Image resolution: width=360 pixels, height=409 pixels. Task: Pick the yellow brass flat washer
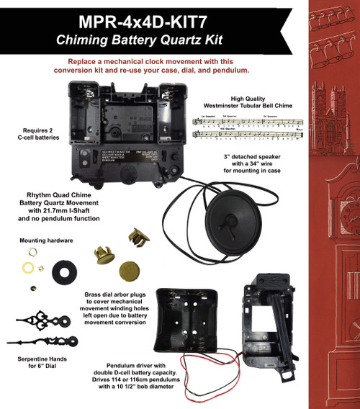coord(30,269)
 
